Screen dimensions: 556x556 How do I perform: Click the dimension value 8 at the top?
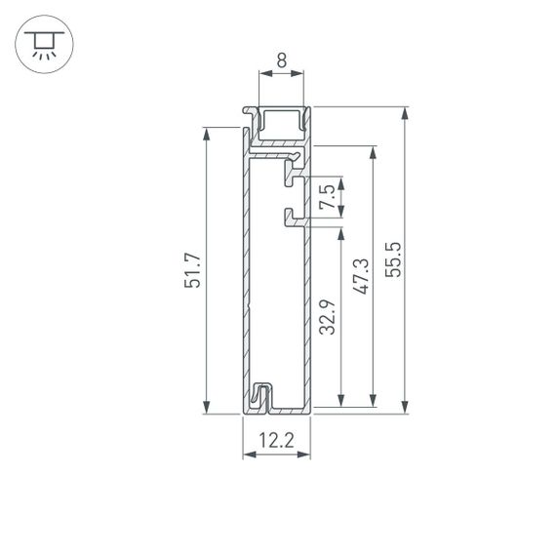(x=281, y=60)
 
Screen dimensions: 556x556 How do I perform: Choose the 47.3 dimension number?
(x=361, y=276)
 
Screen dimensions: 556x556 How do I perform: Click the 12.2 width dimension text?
(x=277, y=440)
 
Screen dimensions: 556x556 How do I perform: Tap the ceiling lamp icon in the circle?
(x=42, y=44)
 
